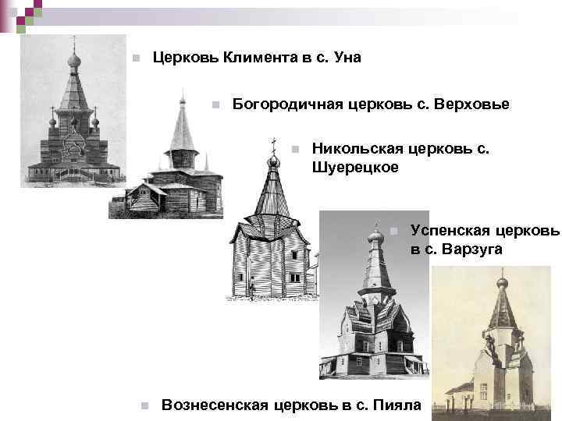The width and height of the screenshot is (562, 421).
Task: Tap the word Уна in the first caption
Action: [346, 58]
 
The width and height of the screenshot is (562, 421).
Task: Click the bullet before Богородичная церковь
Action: [215, 105]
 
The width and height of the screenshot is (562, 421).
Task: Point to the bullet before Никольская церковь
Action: [293, 149]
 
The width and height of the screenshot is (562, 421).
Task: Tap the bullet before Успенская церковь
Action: [393, 231]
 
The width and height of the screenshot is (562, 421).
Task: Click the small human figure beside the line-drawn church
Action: [252, 291]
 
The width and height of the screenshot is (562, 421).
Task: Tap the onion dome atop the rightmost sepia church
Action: [502, 283]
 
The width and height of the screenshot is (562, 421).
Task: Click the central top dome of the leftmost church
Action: [73, 60]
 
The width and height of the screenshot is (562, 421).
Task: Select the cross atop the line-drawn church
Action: [273, 144]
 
